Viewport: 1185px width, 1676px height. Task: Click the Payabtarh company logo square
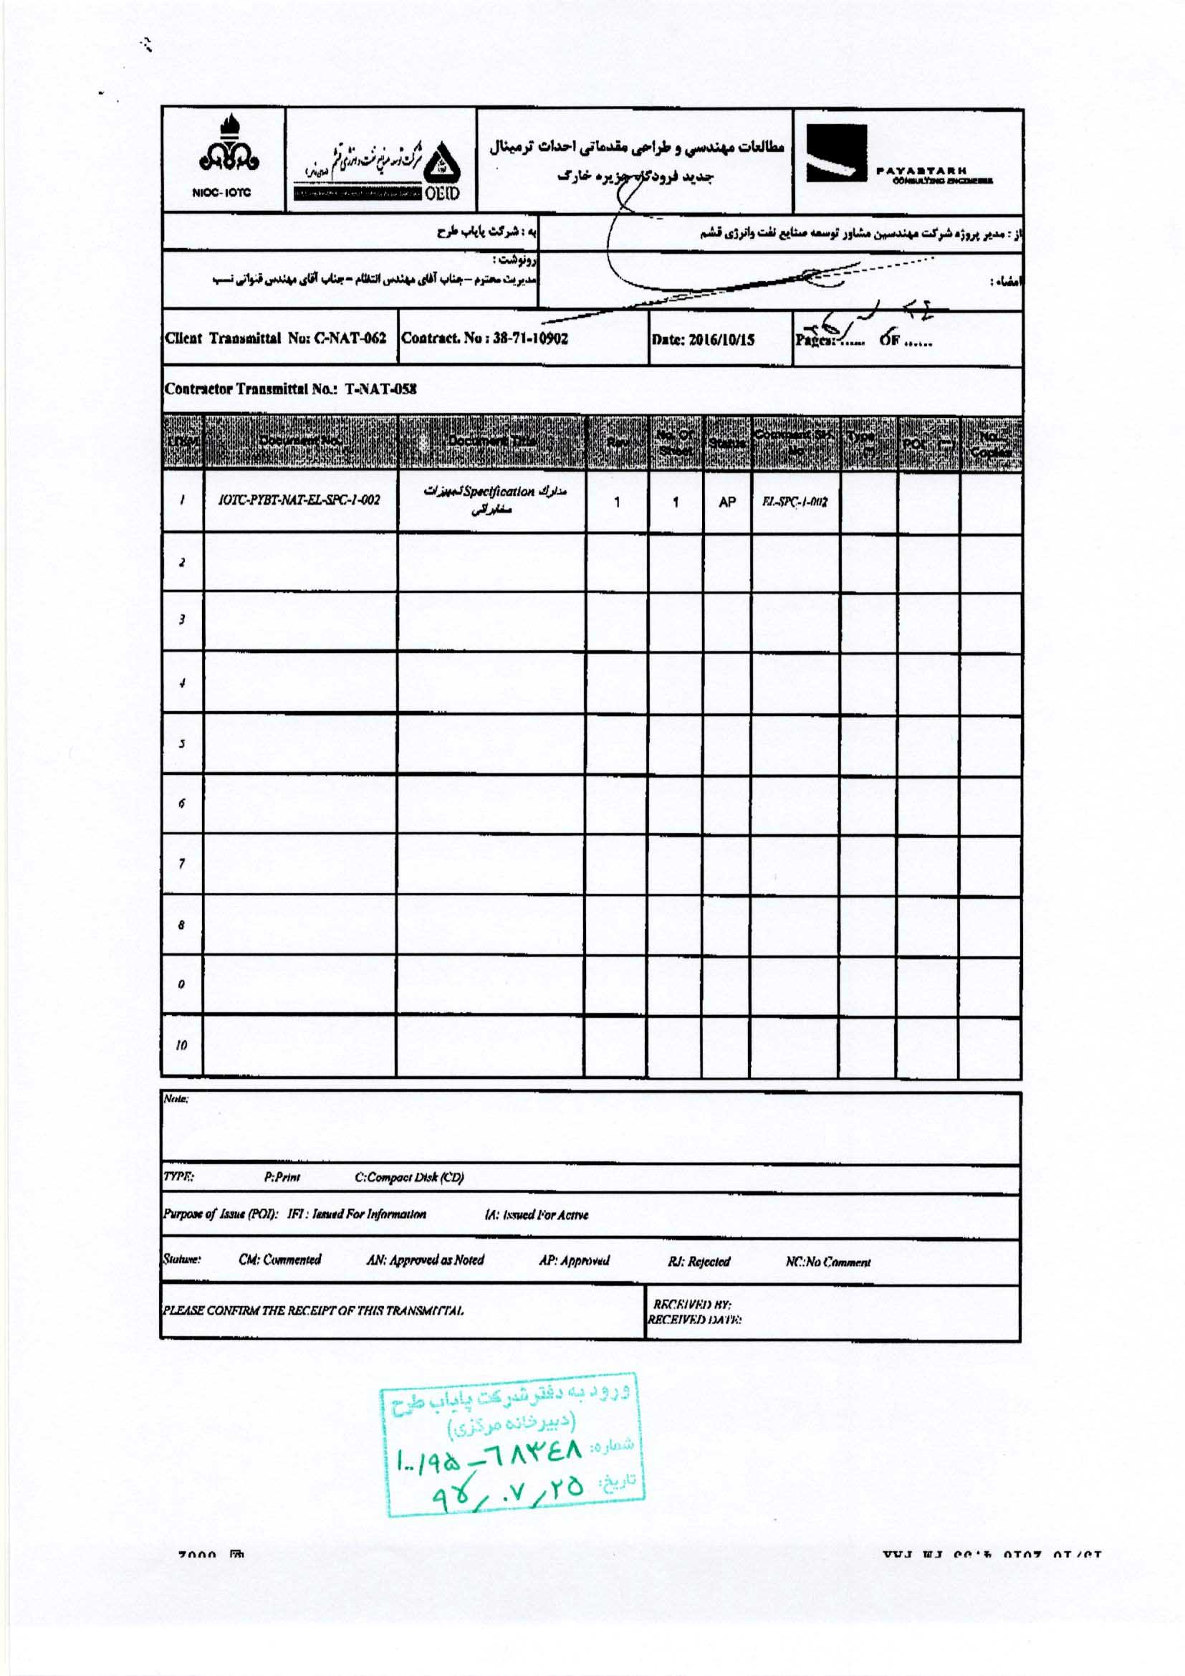coord(836,153)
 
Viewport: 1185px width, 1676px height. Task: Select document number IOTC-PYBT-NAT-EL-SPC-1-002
coord(299,501)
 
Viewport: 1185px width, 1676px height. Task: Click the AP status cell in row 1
coord(726,503)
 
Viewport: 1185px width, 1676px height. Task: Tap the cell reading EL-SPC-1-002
coord(795,503)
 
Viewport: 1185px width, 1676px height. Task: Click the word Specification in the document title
coord(500,491)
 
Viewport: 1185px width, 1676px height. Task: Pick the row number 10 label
coord(181,1044)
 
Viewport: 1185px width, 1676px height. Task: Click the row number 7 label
coord(182,864)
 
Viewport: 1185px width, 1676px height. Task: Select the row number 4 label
coord(182,684)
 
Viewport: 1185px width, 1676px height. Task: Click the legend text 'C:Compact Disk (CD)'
coord(409,1178)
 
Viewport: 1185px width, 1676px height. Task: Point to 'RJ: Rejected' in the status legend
coord(699,1262)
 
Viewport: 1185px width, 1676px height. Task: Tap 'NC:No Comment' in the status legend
coord(827,1262)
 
